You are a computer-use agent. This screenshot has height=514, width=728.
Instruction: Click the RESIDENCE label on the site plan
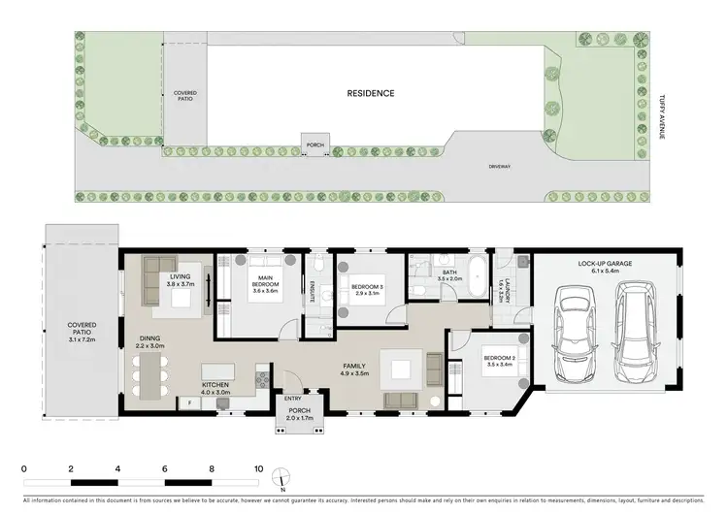[371, 94]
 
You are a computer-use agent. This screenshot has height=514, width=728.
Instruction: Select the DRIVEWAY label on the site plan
[501, 166]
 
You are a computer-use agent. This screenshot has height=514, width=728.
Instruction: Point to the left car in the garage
[570, 333]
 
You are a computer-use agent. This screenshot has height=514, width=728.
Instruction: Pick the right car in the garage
[636, 333]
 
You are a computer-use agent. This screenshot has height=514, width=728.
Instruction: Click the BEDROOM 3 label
[370, 287]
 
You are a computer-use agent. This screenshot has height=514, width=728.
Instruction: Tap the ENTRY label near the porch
[292, 399]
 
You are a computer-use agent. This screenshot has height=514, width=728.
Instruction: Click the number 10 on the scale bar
[258, 468]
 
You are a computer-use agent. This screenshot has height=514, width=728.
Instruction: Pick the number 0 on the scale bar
[23, 468]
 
